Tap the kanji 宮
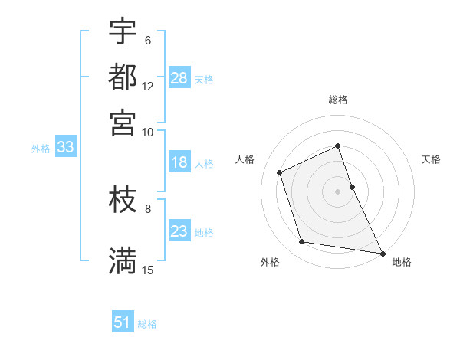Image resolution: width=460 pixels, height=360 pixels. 123,123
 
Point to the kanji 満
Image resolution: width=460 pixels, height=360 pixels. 123,260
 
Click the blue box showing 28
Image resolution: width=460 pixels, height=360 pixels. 179,78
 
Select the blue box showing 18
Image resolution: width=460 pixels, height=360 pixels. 179,162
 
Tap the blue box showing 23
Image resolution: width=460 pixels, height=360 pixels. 179,231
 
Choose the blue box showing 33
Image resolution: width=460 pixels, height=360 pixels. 65,148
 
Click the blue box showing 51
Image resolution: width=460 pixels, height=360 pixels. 123,322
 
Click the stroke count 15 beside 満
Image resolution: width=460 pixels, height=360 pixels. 148,270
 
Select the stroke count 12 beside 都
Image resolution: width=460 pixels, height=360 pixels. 148,87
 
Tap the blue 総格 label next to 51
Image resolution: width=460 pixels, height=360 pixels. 147,324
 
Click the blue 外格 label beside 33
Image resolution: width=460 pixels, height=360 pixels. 40,149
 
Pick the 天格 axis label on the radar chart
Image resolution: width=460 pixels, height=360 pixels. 431,159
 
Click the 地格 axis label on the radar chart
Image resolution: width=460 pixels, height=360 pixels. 402,262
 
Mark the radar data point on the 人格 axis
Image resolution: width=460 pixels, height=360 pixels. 281,172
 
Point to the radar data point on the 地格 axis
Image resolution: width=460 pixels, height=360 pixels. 381,252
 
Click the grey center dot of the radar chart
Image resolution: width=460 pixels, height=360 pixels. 337,191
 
